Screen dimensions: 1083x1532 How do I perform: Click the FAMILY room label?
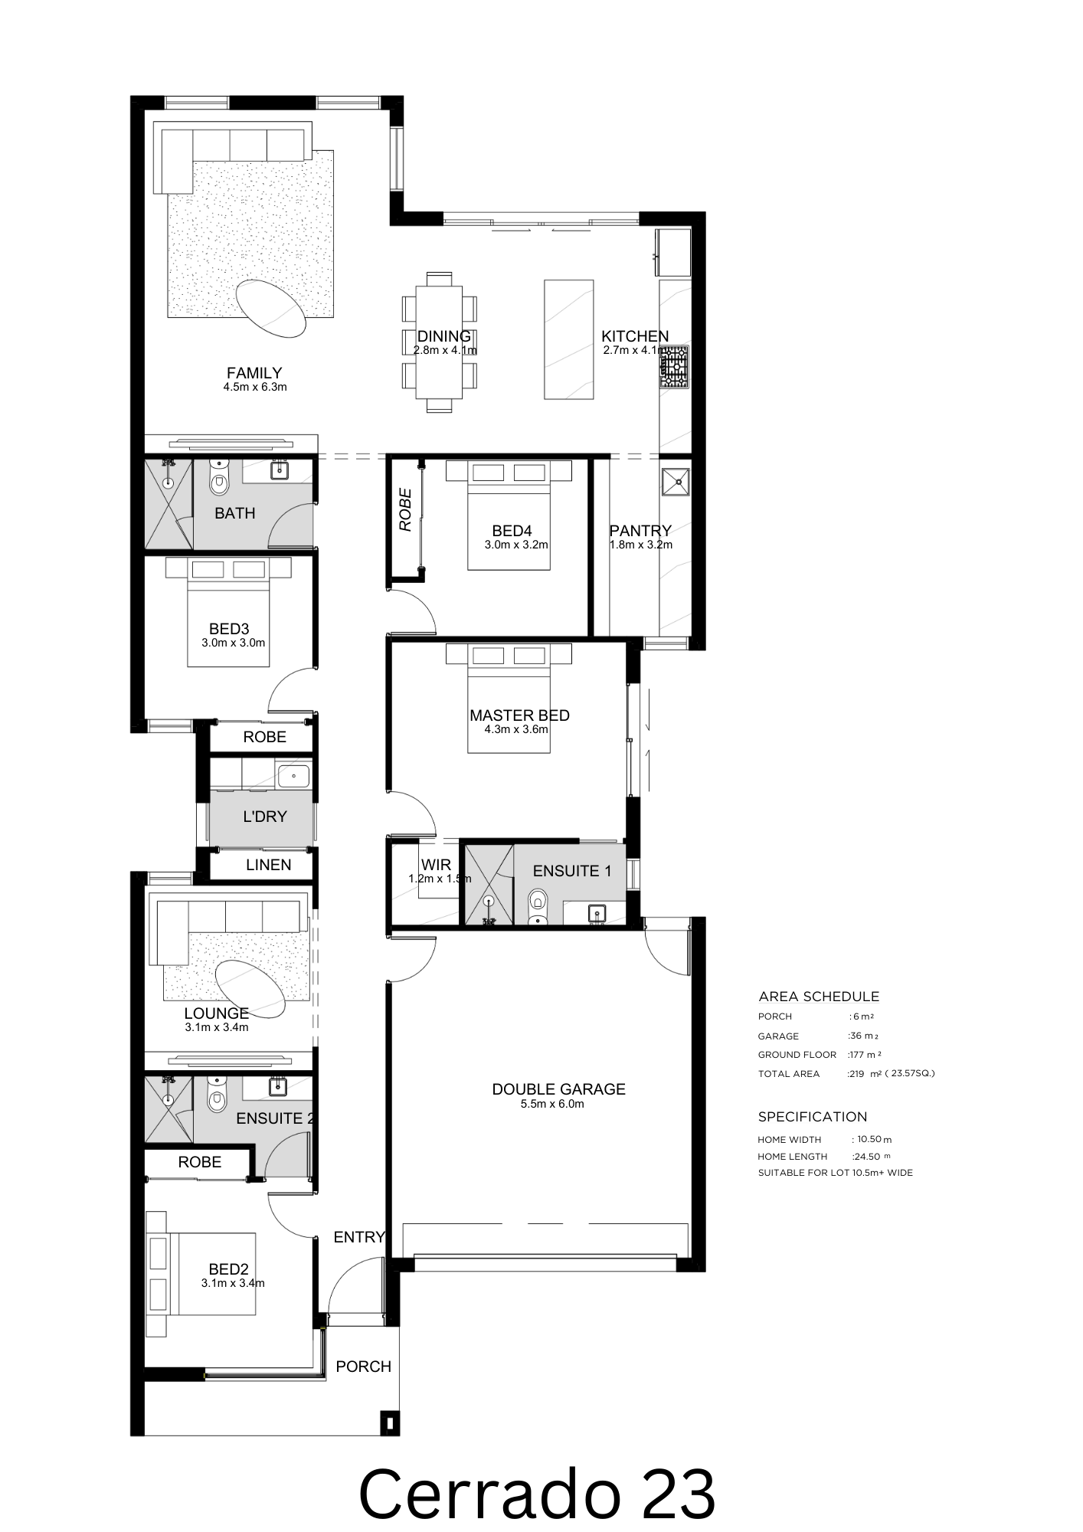(254, 373)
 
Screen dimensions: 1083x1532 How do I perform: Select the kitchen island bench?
(569, 339)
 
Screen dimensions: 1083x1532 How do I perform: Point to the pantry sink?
(677, 482)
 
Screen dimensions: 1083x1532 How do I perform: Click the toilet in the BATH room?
(219, 479)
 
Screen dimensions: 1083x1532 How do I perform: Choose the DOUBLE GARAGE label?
(559, 1088)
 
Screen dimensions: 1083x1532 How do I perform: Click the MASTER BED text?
(519, 715)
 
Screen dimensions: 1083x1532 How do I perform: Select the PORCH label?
(363, 1366)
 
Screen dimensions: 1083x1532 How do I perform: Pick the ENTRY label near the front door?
(358, 1236)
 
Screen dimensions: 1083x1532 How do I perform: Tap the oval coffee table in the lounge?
(250, 989)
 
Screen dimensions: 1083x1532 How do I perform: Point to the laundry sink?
(294, 776)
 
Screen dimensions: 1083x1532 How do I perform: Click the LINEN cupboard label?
(268, 865)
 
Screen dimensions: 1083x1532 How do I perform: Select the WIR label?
(436, 865)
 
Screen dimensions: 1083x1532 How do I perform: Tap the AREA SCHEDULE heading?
(819, 997)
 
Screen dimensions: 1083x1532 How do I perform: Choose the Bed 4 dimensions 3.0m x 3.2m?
(516, 545)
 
